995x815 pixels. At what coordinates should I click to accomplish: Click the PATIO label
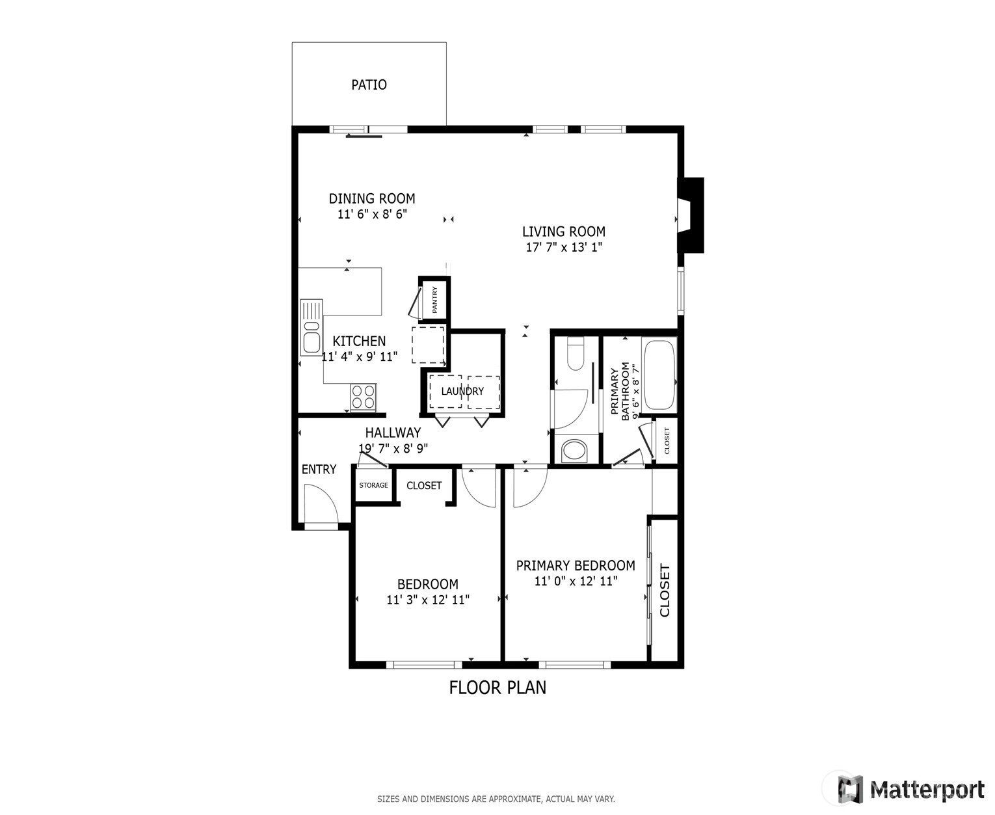[x=369, y=85]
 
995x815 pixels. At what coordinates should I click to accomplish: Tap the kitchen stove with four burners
[x=364, y=397]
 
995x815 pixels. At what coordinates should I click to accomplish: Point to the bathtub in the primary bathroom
[x=659, y=375]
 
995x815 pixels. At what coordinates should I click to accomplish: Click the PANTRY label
[x=434, y=299]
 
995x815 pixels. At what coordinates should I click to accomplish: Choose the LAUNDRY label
[x=462, y=391]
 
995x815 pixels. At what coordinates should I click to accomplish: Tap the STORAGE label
[x=374, y=485]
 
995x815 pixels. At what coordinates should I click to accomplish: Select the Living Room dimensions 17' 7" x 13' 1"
[x=564, y=247]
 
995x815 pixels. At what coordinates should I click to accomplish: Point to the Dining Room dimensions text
[x=372, y=214]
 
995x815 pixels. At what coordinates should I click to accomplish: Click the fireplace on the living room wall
[x=691, y=215]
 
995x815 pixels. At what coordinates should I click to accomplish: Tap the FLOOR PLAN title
[x=497, y=688]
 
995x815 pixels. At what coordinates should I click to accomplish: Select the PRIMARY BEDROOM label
[x=576, y=565]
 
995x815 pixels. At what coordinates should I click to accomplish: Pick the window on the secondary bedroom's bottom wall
[x=424, y=665]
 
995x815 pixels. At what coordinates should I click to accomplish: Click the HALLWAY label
[x=393, y=433]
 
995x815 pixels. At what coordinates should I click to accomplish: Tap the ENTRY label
[x=319, y=470]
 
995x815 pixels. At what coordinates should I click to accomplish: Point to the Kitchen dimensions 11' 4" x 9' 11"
[x=360, y=357]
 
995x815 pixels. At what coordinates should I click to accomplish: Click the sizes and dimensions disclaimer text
[x=496, y=799]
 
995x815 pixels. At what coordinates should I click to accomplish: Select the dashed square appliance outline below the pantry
[x=428, y=345]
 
